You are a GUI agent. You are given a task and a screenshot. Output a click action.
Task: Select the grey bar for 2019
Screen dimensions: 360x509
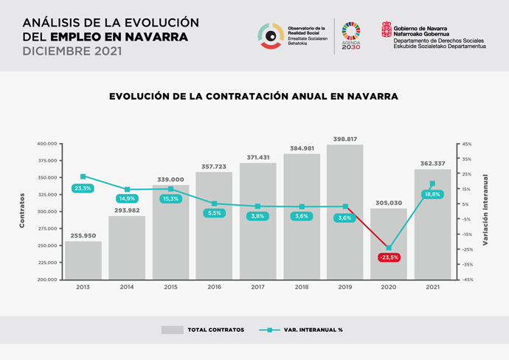point(344,214)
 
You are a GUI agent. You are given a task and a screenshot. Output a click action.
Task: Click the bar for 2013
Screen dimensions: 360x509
point(83,260)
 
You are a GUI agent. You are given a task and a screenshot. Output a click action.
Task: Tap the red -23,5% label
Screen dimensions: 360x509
point(388,257)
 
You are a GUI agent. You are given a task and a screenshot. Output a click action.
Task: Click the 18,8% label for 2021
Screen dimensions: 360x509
point(432,194)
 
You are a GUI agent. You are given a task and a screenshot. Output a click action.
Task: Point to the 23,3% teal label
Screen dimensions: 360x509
point(83,188)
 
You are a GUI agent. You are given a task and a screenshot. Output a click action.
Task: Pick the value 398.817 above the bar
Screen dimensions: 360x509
point(344,139)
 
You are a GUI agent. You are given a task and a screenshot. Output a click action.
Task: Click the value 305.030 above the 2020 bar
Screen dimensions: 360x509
point(388,203)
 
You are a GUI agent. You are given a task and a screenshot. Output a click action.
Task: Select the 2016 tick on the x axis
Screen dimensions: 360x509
point(214,286)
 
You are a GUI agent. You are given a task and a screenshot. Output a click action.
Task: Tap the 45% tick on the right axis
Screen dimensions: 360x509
point(467,144)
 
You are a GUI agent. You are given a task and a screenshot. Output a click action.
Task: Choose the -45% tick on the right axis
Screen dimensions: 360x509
point(467,280)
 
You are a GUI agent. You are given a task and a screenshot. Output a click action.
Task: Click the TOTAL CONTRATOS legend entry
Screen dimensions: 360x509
point(204,329)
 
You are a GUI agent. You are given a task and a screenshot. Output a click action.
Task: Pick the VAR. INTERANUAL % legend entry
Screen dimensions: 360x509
point(302,329)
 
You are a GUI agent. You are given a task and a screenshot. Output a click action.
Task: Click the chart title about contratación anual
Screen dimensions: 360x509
point(254,96)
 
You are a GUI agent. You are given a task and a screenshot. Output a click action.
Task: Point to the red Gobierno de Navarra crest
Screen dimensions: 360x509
point(387,30)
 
